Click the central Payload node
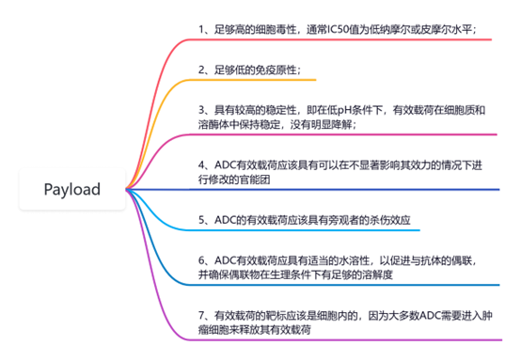pyautogui.click(x=72, y=190)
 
